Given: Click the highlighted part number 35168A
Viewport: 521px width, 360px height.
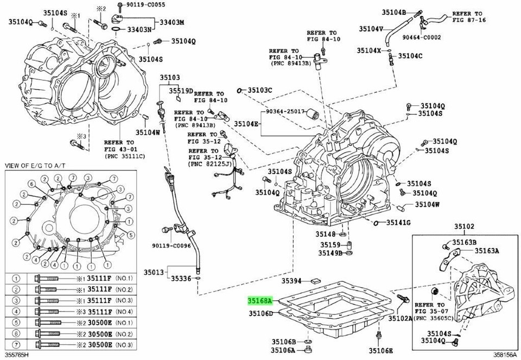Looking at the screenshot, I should pos(260,300).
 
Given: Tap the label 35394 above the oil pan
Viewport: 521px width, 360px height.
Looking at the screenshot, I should pos(292,281).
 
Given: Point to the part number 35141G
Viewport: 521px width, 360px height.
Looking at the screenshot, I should pos(398,223).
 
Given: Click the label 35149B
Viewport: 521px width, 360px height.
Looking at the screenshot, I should pos(330,252).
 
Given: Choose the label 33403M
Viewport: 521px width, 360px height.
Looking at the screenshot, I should pos(171,22).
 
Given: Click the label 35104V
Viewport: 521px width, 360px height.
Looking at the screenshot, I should pos(371,29).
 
